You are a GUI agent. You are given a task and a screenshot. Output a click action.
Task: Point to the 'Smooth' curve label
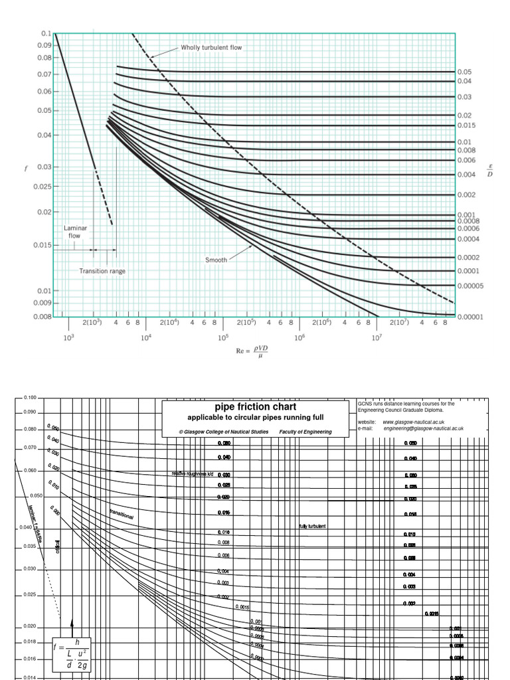216,260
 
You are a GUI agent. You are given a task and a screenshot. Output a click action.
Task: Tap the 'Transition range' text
102,271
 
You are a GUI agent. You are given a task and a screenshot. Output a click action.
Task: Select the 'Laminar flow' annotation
75,232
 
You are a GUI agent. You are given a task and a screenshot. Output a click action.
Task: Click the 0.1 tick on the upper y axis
46,33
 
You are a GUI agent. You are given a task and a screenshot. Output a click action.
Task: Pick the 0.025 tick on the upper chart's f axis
42,187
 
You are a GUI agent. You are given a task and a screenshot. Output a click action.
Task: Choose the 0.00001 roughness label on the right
470,317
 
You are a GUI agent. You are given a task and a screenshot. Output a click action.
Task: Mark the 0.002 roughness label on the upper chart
466,195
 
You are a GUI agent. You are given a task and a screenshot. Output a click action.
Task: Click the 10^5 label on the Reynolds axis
222,338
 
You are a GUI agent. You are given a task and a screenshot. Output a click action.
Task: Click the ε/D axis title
489,171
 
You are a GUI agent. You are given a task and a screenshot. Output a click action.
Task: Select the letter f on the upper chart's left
27,168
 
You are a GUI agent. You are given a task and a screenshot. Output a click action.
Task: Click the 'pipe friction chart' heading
255,406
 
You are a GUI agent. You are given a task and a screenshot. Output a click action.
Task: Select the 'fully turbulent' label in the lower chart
312,527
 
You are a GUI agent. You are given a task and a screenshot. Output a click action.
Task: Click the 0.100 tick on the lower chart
30,398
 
